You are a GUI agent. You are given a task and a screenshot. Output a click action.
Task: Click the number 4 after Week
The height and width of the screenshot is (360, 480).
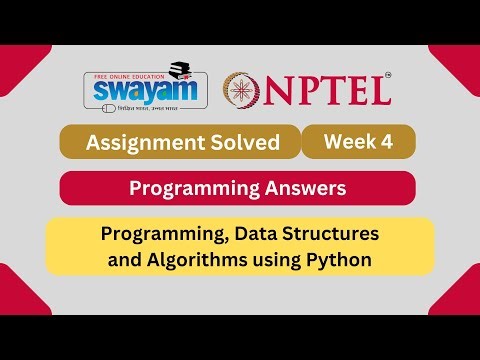pyautogui.click(x=386, y=141)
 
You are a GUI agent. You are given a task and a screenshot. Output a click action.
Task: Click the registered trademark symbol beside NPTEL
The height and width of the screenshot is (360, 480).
pyautogui.click(x=388, y=74)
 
